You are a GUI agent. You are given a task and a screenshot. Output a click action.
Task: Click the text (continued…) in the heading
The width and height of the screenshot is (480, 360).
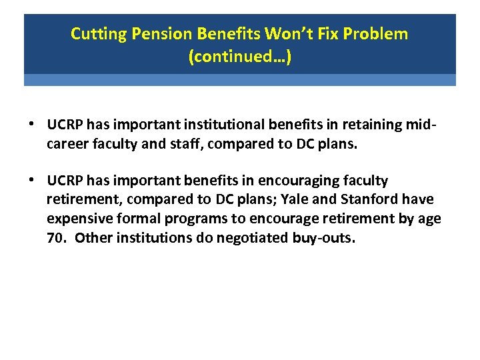tap(240, 57)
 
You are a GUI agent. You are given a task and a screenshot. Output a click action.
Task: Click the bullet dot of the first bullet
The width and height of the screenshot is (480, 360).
tap(32, 125)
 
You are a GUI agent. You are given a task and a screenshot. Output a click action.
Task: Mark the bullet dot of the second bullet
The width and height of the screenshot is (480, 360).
tap(32, 181)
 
